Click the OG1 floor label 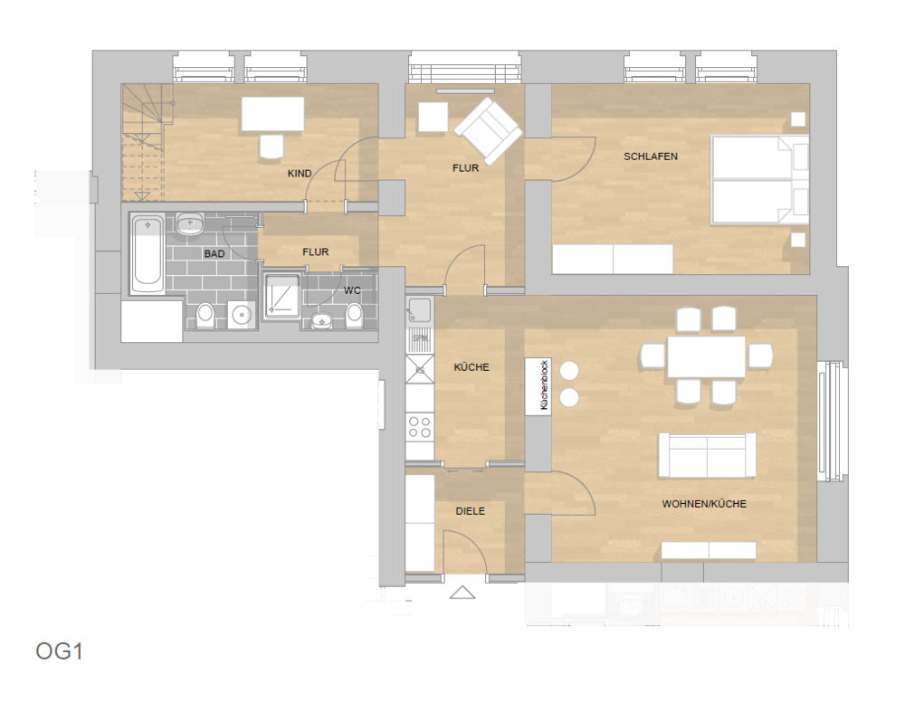click(60, 651)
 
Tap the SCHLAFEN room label click(650, 157)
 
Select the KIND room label click(300, 173)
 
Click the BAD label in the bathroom click(214, 254)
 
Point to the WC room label click(352, 290)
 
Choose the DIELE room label click(470, 511)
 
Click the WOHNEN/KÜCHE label click(704, 504)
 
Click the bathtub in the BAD click(147, 254)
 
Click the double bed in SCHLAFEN click(758, 180)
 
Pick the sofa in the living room click(707, 455)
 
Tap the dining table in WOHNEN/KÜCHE click(706, 356)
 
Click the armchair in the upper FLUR click(488, 132)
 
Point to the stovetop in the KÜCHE click(419, 426)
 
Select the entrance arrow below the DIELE click(462, 593)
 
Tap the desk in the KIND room click(271, 115)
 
